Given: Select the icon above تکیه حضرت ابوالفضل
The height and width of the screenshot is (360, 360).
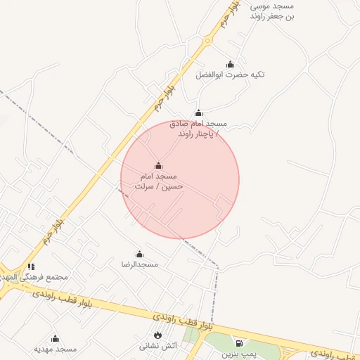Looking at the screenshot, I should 230,65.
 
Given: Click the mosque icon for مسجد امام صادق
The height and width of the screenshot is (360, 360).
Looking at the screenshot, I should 198,112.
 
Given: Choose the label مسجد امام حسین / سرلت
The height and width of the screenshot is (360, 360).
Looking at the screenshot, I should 159,181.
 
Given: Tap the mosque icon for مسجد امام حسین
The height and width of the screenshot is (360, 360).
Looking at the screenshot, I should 158,166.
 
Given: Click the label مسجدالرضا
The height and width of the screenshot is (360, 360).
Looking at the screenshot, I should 140,264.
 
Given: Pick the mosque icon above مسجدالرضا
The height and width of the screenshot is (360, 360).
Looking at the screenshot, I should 139,254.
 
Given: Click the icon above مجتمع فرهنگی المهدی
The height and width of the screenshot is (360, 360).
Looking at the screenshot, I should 31,266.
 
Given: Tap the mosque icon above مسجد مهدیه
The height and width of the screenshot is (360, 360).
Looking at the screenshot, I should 55,338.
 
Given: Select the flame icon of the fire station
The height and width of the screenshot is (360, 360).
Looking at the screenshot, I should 157,334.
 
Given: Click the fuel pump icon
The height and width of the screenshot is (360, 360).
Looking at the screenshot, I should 239,343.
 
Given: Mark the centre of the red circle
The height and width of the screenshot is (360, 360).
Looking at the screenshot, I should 180,180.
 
